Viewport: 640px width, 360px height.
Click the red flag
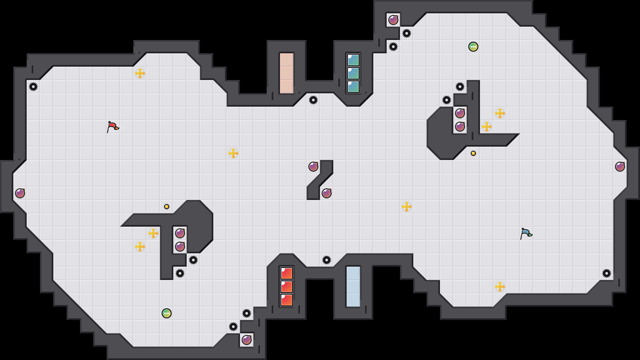pos(112,127)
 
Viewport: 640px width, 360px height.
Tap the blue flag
pos(526,233)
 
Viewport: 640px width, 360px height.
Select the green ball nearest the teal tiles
pos(473,47)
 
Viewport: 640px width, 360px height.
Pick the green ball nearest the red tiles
pos(167,313)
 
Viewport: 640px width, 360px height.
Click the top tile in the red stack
pos(287,273)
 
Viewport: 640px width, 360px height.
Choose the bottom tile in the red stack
pos(287,300)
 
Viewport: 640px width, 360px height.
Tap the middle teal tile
pos(353,73)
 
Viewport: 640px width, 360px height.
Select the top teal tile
pos(353,60)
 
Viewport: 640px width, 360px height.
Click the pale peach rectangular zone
pos(287,73)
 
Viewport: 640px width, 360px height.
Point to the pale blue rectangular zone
pos(353,287)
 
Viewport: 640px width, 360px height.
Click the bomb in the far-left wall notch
pos(20,193)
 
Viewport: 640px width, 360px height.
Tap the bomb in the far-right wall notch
pos(620,167)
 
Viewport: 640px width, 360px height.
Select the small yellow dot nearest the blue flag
pos(473,153)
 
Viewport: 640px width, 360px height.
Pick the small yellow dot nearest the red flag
pos(167,207)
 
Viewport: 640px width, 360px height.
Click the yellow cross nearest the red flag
pos(140,73)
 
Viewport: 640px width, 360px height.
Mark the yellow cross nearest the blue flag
pos(500,287)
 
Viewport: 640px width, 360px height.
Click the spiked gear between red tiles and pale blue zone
pos(327,260)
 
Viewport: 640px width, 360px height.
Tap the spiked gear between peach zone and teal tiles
pos(313,100)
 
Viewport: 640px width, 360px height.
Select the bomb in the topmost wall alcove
pos(393,20)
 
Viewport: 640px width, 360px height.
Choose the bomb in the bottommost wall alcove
pos(247,340)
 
